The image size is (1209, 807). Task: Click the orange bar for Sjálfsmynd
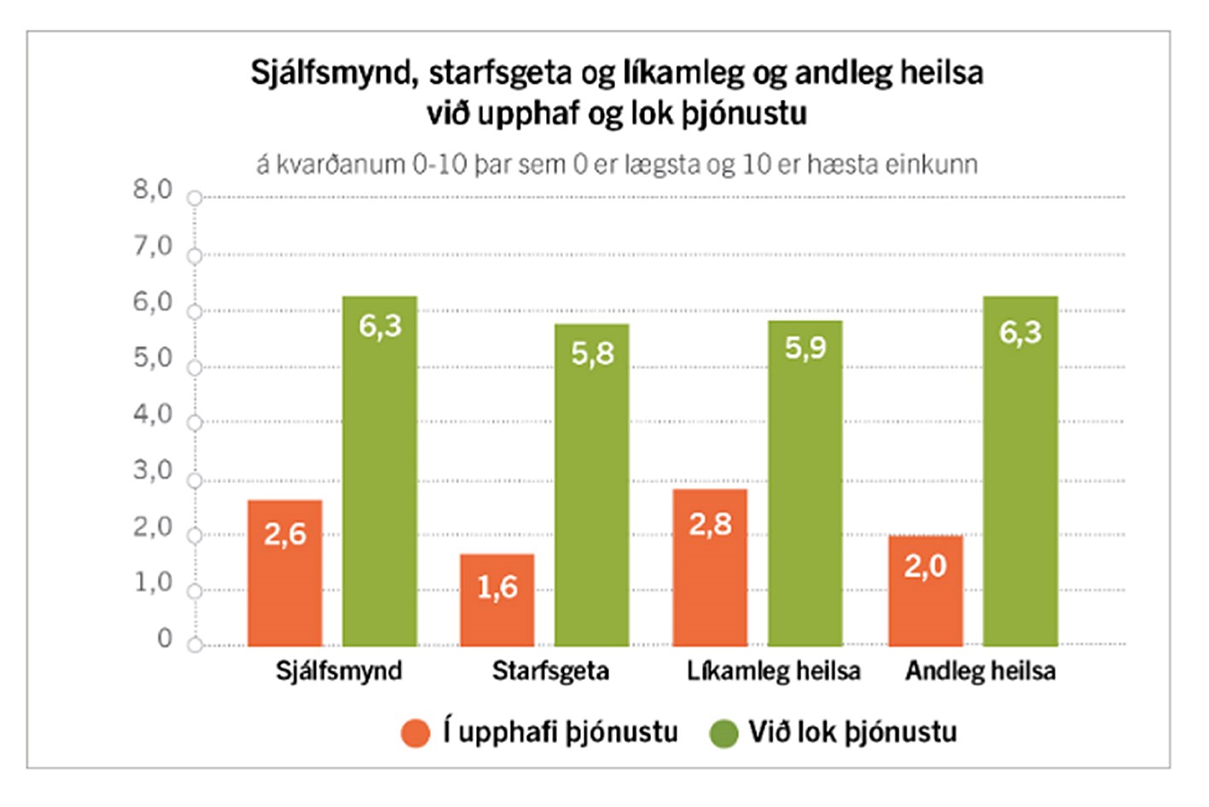[285, 572]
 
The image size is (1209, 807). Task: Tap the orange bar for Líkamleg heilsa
[710, 567]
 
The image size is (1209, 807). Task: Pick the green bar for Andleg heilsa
[1020, 471]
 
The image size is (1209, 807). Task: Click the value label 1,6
[497, 587]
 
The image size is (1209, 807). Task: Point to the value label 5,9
[805, 347]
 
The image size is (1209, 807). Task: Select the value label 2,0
[926, 566]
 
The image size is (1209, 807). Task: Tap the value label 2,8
[710, 524]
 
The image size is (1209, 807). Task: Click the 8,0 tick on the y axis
[153, 189]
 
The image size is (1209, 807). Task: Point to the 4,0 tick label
[153, 415]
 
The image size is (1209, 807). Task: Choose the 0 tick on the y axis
[165, 639]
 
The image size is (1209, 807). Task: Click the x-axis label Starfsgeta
[550, 671]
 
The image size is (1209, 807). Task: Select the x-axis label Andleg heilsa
[980, 671]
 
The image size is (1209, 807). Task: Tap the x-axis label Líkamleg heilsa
[773, 671]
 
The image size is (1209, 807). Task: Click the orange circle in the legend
[416, 733]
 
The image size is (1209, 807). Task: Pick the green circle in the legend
[724, 733]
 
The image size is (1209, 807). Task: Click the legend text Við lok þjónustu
[852, 732]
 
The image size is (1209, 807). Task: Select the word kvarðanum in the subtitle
[340, 164]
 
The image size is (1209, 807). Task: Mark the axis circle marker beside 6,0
[195, 312]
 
